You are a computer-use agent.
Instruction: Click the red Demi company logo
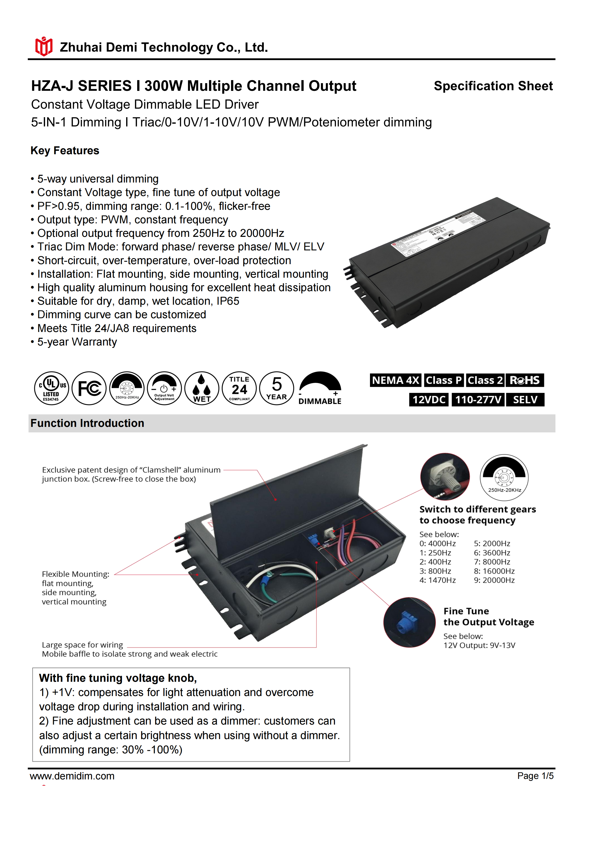pos(44,47)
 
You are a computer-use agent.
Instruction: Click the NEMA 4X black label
pos(395,380)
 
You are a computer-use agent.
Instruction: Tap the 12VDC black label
pos(429,400)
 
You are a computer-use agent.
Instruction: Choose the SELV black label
pos(525,400)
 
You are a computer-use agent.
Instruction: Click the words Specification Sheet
pos(493,86)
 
